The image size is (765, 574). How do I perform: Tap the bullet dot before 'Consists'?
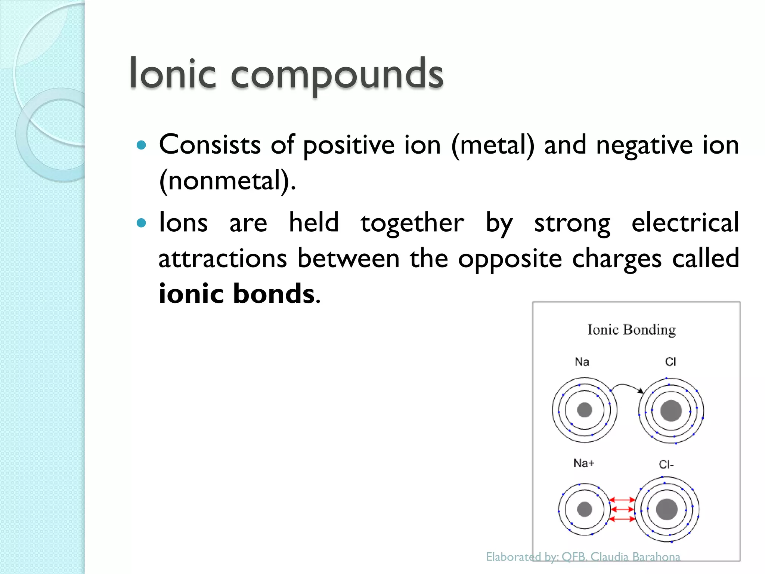[141, 145]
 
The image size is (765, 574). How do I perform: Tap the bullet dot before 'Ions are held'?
[141, 223]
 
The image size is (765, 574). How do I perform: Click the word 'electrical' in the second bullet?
[685, 222]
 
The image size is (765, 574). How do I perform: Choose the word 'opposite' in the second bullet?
[510, 259]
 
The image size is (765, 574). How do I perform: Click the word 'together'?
[412, 223]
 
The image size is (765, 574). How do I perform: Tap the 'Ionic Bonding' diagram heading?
[632, 330]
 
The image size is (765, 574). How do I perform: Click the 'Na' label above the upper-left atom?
[582, 362]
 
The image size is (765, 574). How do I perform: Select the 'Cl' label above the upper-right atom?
[670, 362]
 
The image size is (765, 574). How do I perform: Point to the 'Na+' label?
[584, 463]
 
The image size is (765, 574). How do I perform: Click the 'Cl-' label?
[666, 465]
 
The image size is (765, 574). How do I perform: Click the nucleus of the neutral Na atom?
[585, 410]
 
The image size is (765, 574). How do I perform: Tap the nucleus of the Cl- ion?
[667, 509]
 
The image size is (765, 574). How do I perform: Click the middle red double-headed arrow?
[622, 509]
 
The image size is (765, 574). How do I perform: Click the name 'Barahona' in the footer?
[656, 557]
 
